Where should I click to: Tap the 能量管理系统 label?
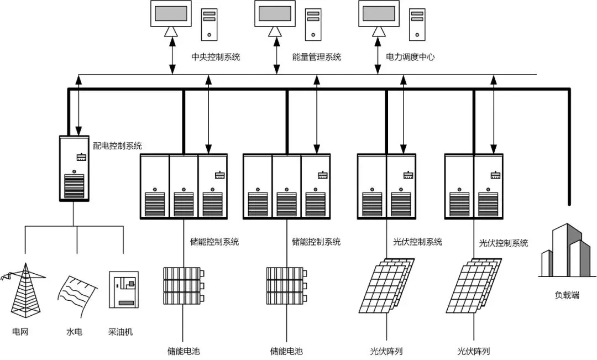click(x=317, y=57)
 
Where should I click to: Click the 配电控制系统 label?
click(x=118, y=146)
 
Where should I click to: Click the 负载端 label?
click(x=567, y=295)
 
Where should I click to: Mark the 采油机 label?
click(x=121, y=333)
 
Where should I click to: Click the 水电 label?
click(x=74, y=333)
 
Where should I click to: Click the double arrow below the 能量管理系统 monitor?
click(x=276, y=56)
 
